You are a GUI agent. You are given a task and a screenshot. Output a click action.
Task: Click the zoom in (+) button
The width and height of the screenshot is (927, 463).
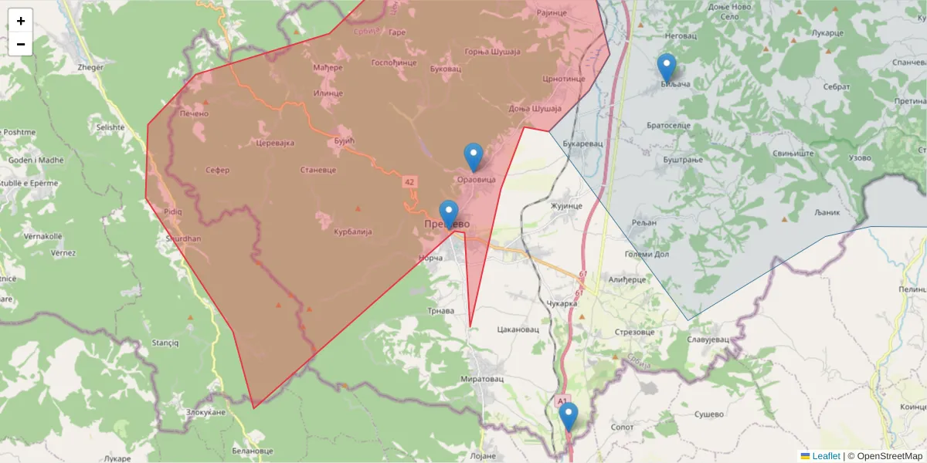click(21, 21)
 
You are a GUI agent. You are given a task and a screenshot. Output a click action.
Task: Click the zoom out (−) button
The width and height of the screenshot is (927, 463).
click(21, 44)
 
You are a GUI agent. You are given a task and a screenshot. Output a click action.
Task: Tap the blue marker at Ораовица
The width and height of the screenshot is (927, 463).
click(474, 157)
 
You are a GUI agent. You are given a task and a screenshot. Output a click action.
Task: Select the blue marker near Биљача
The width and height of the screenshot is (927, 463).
click(667, 68)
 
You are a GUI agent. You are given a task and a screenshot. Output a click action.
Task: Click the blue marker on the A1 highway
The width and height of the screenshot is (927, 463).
click(569, 417)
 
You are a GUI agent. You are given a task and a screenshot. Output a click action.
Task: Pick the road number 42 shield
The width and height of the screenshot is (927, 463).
click(409, 182)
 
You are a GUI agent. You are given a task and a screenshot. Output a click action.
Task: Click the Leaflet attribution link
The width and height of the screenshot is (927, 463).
click(826, 456)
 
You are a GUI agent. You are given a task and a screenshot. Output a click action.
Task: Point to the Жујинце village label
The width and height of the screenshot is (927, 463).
click(566, 206)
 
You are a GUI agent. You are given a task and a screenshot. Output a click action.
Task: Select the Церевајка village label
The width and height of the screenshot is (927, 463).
click(275, 144)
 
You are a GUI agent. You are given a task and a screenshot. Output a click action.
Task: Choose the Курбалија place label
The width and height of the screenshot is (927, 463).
click(353, 231)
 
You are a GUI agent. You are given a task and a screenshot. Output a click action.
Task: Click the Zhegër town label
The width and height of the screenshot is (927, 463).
click(90, 68)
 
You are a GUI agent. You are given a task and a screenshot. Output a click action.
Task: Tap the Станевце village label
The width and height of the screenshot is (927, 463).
click(317, 170)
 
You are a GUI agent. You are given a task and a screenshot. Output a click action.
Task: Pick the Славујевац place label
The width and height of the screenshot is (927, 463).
click(708, 339)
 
